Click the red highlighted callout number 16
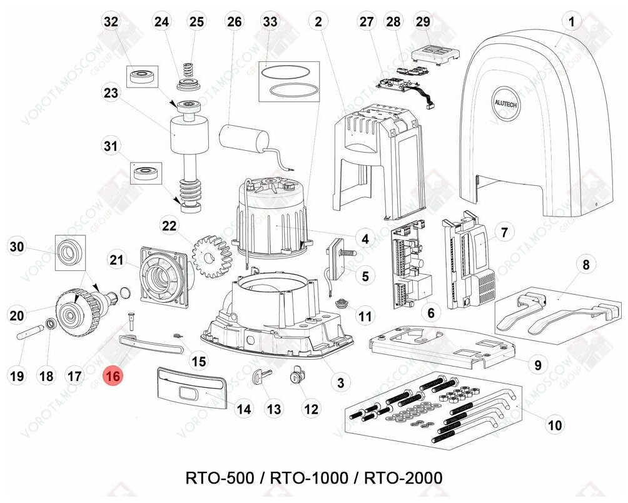113,377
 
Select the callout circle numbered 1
571,22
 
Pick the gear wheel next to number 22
212,252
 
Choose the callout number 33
270,22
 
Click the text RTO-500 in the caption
220,478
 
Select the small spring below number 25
188,67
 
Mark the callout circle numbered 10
554,426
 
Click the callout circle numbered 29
423,22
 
